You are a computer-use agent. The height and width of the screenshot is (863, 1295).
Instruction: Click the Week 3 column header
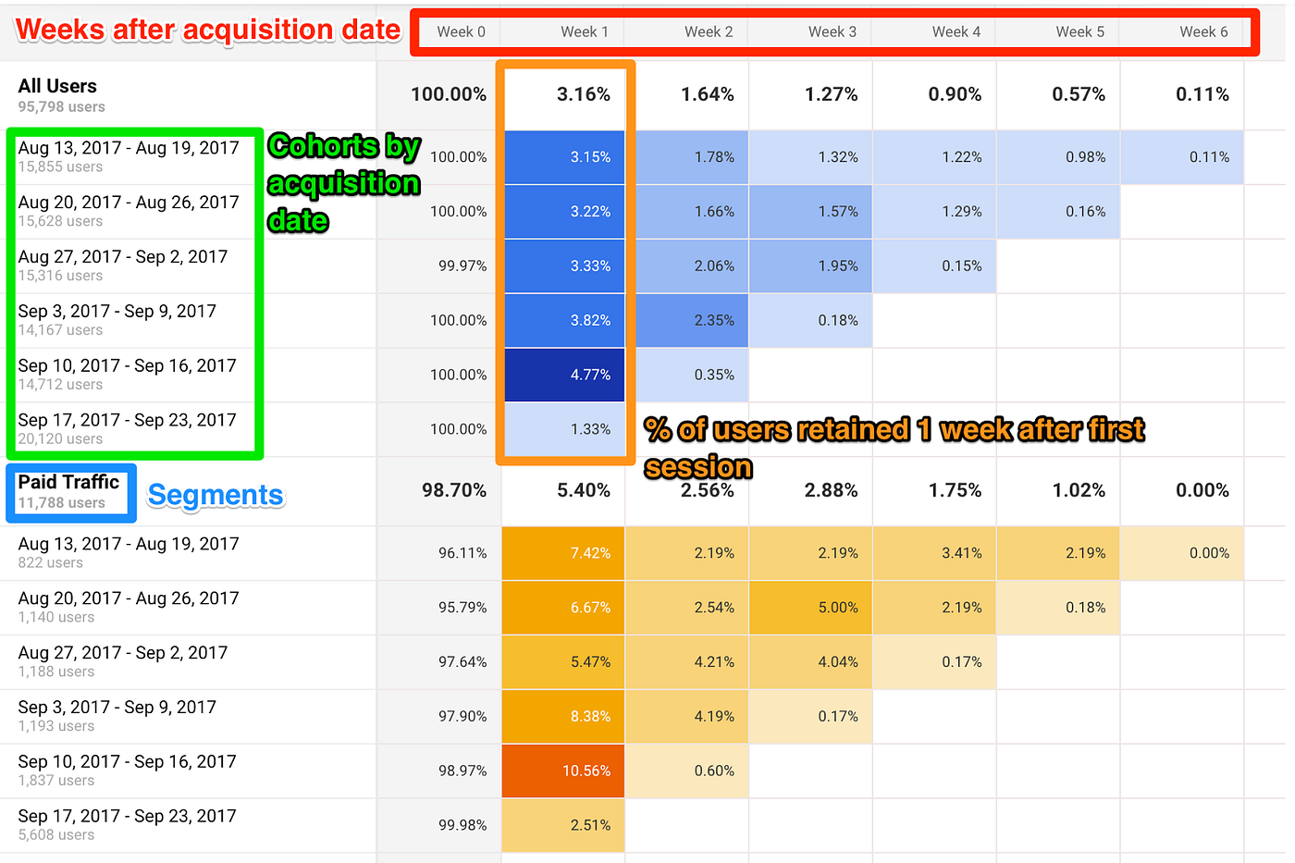(832, 31)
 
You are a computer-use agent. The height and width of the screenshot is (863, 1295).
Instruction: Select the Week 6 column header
(1203, 31)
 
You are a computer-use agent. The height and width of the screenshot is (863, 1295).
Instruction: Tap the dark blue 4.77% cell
(564, 375)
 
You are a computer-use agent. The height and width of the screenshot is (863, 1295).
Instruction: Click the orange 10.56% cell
(563, 771)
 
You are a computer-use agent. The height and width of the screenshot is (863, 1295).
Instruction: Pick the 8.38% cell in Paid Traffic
(563, 716)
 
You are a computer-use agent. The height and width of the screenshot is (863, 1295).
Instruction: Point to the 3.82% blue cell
(564, 320)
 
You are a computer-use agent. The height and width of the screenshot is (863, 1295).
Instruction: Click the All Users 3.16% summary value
(583, 94)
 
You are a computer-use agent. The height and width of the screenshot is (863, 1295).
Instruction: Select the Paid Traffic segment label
(69, 491)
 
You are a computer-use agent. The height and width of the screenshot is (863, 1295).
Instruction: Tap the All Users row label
(57, 86)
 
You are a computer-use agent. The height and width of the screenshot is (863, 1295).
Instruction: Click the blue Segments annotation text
(216, 496)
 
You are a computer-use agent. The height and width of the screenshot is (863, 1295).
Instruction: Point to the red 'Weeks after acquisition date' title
(208, 31)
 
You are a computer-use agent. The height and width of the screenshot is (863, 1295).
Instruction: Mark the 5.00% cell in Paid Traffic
(811, 608)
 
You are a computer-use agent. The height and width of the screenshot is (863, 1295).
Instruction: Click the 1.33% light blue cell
(564, 429)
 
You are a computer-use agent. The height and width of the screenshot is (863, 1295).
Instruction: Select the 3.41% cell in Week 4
(934, 553)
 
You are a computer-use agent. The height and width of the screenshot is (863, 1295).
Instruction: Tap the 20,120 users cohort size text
(60, 439)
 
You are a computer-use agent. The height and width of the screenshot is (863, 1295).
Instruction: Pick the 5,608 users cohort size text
(56, 835)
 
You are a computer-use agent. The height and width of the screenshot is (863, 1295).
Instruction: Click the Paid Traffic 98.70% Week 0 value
(453, 490)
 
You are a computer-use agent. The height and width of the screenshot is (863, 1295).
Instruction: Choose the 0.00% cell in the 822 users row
(1181, 553)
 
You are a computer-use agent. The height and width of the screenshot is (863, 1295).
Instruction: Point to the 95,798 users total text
(61, 107)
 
